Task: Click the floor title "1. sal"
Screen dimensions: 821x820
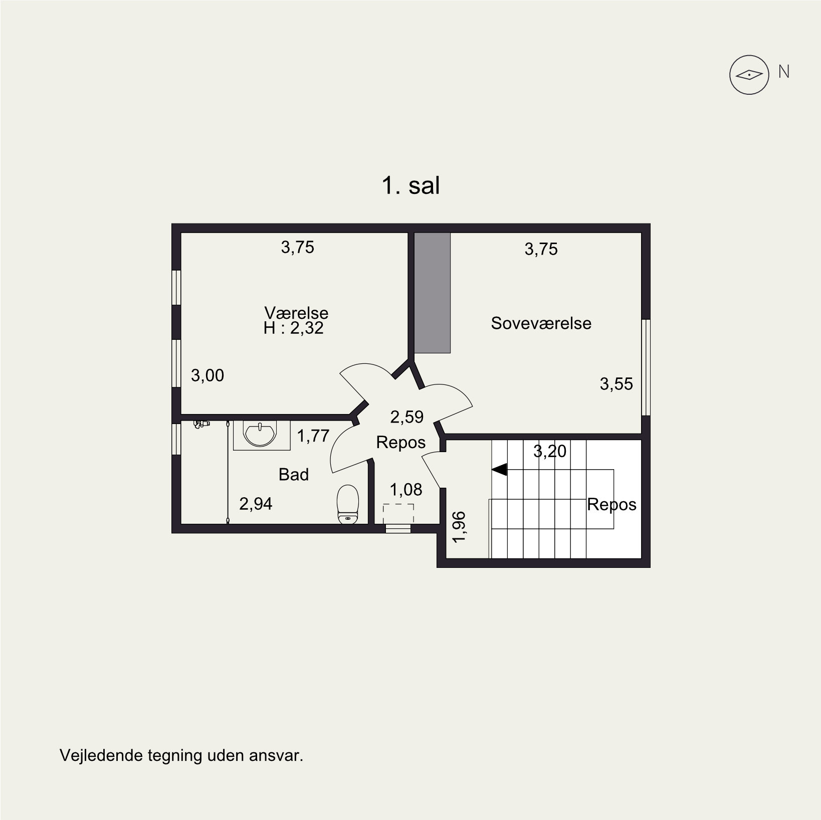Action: point(410,186)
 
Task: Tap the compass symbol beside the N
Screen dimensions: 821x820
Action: point(749,75)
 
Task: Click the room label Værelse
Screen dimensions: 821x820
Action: point(296,313)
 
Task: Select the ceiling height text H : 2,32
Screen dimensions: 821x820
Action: point(293,328)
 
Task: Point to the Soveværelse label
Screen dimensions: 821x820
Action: point(541,323)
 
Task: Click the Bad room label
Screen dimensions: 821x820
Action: point(294,475)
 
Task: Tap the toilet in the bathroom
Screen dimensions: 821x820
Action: point(348,504)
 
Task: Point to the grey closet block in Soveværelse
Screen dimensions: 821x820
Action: point(433,293)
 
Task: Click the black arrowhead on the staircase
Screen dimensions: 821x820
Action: point(499,470)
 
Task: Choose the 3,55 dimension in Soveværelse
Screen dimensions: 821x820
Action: point(616,384)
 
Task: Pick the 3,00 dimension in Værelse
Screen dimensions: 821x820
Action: point(208,375)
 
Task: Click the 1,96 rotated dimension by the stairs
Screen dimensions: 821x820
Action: point(459,527)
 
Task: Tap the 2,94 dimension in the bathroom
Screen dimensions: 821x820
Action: point(256,504)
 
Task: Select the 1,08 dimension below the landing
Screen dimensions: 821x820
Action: point(406,490)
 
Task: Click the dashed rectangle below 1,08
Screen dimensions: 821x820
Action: point(398,514)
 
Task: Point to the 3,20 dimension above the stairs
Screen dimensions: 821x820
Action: point(550,452)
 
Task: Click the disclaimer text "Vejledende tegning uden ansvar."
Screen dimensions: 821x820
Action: point(181,755)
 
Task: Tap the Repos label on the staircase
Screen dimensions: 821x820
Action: point(611,504)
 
